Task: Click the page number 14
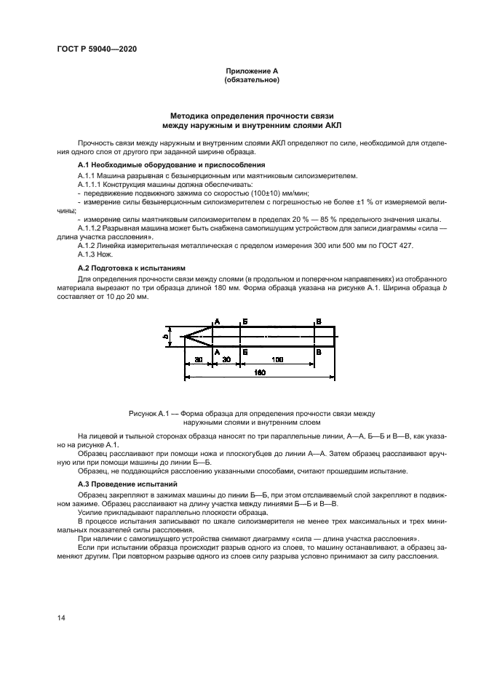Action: pos(61,618)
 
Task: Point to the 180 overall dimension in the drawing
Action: pos(259,372)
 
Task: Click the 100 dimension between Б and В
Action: pos(278,359)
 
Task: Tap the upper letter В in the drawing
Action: pos(319,320)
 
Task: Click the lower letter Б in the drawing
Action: pos(245,351)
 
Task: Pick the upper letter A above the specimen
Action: pos(217,320)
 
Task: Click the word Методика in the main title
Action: pos(191,115)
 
